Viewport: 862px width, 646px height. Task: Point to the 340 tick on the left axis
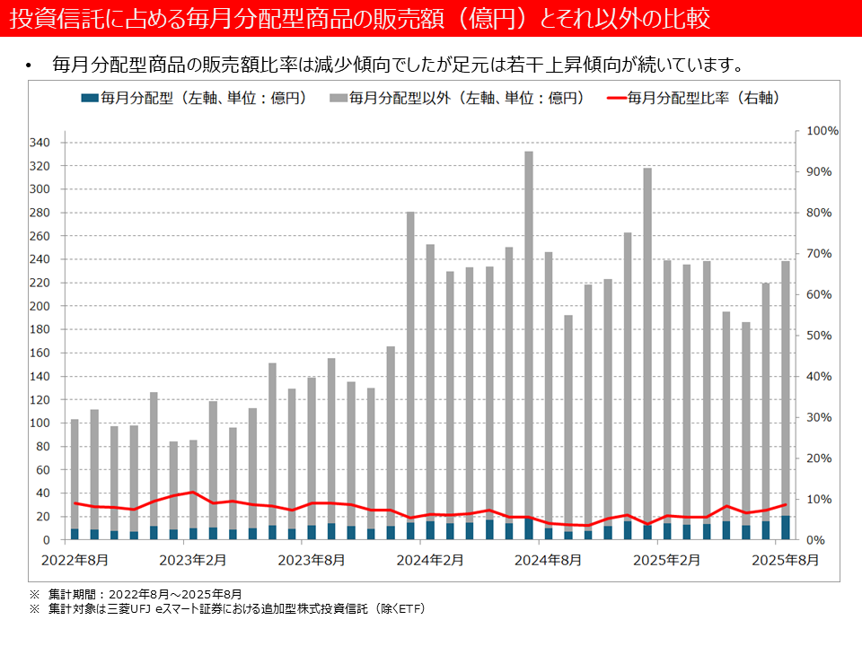[41, 143]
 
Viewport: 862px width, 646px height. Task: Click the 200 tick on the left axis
[41, 306]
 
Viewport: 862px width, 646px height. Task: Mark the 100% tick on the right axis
[822, 131]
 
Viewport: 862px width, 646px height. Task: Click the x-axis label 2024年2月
[430, 561]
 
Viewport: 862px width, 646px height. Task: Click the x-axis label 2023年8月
[312, 561]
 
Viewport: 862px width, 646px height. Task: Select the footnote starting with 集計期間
[145, 594]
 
